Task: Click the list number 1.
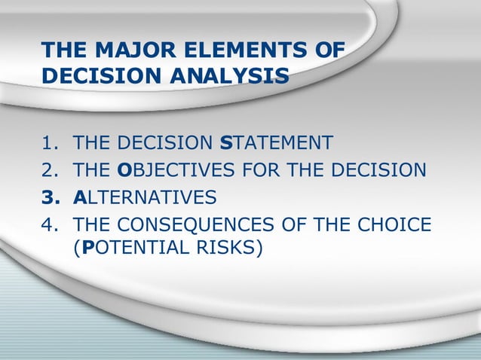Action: (47, 143)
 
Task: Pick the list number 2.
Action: (47, 170)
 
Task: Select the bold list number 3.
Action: (47, 197)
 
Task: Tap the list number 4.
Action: (47, 224)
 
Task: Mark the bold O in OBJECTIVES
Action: (127, 170)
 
